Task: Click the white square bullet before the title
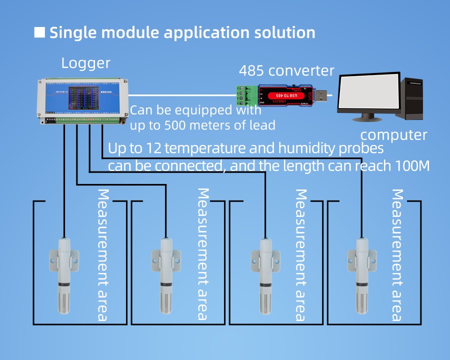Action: click(x=39, y=33)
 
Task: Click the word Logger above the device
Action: click(x=85, y=63)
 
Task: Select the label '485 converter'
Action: click(x=286, y=70)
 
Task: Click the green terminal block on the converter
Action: click(x=248, y=94)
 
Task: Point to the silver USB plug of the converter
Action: click(x=323, y=94)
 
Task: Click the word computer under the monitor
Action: click(x=394, y=135)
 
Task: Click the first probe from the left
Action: click(x=64, y=275)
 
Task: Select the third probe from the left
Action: click(x=264, y=275)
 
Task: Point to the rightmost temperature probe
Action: click(x=361, y=275)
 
